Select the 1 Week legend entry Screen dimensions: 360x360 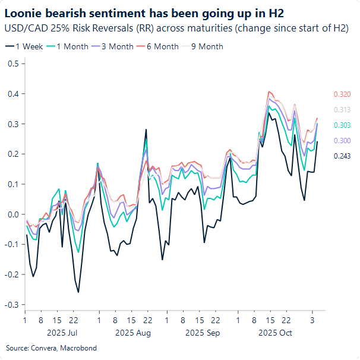(24, 46)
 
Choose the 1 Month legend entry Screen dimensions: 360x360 (67, 46)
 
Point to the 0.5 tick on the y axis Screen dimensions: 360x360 (12, 64)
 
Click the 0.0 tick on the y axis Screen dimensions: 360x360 (12, 214)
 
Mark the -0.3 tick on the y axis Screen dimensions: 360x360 (11, 305)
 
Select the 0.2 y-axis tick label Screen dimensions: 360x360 (12, 154)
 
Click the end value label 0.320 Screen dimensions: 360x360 (343, 94)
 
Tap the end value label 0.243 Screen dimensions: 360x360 (343, 155)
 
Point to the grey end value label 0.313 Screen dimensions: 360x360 (343, 110)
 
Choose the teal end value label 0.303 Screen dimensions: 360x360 (343, 125)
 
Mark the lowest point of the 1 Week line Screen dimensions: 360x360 (78, 292)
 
